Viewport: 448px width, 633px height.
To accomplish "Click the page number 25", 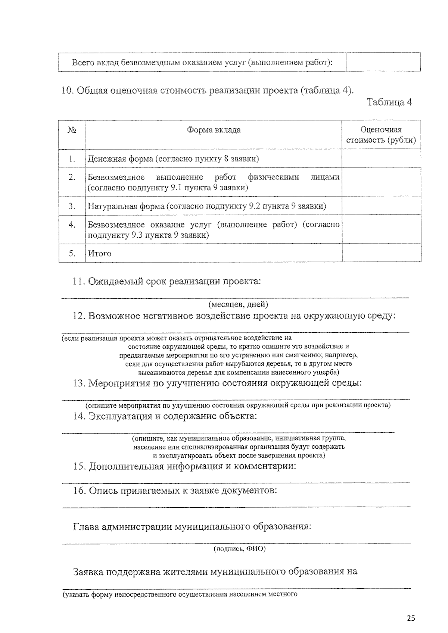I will click(411, 618).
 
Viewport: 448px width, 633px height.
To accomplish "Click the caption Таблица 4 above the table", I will click(389, 102).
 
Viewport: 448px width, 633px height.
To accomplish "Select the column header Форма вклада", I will click(214, 130).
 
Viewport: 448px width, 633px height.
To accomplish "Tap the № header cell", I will click(72, 130).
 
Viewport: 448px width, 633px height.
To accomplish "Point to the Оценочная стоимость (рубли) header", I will click(381, 135).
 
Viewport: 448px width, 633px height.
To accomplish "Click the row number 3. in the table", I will click(72, 206).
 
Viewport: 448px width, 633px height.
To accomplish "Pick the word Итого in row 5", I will click(99, 254).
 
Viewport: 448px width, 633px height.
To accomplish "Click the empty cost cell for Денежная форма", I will click(381, 159).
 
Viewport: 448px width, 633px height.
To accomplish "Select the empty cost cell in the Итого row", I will click(381, 254).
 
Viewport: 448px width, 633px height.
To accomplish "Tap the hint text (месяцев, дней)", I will click(238, 304).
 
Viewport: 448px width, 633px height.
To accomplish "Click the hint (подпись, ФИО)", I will click(239, 549).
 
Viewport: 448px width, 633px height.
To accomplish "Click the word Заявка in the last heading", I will click(88, 571).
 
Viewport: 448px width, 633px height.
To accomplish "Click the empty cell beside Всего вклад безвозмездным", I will click(383, 62).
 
